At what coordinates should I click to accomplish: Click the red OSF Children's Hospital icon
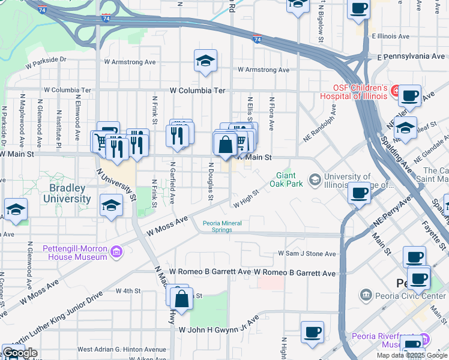coord(396,91)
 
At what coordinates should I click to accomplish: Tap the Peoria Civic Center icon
coord(366,295)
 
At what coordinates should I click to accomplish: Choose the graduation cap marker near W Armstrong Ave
coord(205,61)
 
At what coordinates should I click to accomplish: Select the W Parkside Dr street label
coord(46,60)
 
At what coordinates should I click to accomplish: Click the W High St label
coord(246,199)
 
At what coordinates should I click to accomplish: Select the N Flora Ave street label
coord(272,114)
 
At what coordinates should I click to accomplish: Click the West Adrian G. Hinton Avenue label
coord(121,349)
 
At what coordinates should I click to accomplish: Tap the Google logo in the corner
coord(20,353)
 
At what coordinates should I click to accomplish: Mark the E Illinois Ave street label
coord(390,36)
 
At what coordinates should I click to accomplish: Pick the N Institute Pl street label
coord(59,125)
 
